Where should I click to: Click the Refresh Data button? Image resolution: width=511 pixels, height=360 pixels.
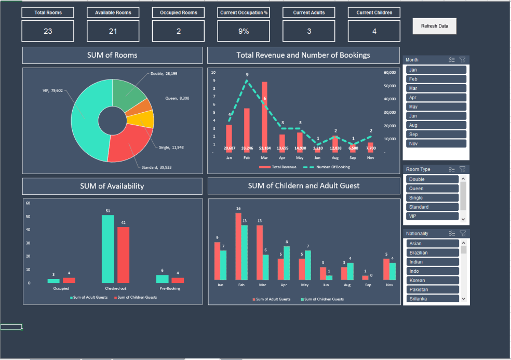click(434, 26)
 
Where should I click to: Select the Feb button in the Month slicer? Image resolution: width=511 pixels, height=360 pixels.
click(436, 79)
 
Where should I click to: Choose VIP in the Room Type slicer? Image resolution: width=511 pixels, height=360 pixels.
click(433, 216)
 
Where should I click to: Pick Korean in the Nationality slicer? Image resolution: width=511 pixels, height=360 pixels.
click(433, 281)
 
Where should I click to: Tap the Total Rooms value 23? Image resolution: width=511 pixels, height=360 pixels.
click(48, 31)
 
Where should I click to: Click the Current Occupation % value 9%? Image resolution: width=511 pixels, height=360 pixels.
click(244, 31)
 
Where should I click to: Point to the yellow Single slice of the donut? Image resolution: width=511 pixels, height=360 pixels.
click(141, 120)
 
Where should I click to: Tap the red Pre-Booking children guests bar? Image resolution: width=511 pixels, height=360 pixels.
click(178, 280)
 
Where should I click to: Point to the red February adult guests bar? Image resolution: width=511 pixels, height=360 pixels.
click(238, 246)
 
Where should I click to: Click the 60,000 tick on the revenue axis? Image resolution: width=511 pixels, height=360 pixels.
click(389, 73)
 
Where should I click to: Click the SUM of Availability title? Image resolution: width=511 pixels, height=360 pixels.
click(112, 186)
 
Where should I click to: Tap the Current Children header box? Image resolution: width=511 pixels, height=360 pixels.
click(374, 12)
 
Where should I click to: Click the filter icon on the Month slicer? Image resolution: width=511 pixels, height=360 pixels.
click(463, 60)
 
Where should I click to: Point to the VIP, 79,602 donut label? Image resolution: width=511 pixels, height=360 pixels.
click(52, 90)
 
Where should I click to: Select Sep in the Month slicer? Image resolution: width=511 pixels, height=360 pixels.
click(436, 135)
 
